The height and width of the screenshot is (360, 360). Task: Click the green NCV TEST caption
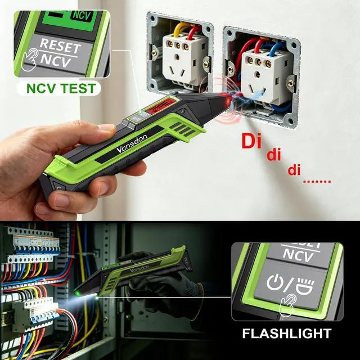coord(61,88)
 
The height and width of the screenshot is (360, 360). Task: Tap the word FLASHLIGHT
coord(287,334)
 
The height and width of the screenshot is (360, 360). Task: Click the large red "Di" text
coord(251,141)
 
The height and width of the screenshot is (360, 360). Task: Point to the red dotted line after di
coord(317,182)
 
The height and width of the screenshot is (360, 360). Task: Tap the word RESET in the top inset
coord(61,46)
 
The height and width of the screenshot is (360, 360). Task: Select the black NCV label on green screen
coord(82,16)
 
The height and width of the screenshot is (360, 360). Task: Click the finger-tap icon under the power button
coord(287,305)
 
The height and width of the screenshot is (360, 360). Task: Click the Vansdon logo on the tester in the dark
coord(139,268)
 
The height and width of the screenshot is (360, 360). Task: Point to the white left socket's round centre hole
coord(177,57)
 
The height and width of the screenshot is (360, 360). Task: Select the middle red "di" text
coord(274,155)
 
